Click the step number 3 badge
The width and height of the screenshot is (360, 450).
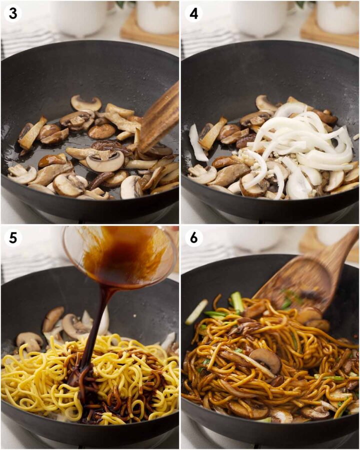(x=13, y=13)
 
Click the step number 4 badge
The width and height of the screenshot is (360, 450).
(x=193, y=13)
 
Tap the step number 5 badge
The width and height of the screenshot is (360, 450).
(x=13, y=238)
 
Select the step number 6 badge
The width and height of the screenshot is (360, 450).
(x=193, y=238)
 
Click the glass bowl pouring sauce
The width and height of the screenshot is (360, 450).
(x=120, y=255)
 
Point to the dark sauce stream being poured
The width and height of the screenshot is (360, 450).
(x=100, y=320)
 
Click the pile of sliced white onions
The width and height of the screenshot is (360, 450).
(x=300, y=145)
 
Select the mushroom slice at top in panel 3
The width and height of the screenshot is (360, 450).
(x=85, y=102)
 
